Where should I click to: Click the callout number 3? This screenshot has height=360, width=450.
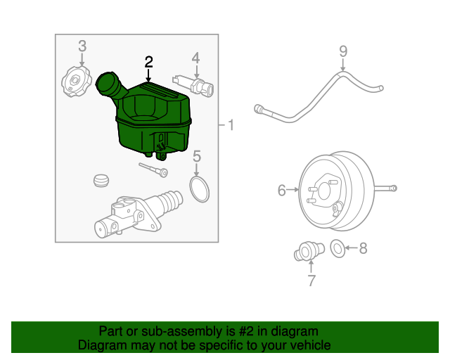82,46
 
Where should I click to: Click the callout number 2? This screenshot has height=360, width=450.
148,61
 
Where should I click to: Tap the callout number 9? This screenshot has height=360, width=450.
343,51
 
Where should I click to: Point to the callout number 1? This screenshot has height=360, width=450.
232,126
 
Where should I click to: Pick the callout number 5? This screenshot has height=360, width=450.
197,155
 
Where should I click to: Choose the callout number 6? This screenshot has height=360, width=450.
282,190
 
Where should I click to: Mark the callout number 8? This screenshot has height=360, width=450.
363,247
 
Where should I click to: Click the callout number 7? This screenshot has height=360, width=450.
311,281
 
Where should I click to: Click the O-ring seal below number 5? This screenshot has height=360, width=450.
200,188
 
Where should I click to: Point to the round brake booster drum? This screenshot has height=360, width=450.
333,190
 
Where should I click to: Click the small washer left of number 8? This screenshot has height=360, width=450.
337,247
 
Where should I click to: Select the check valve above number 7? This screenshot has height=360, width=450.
307,250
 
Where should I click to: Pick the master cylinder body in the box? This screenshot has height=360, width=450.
134,214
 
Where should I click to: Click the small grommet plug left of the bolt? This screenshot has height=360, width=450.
102,180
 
